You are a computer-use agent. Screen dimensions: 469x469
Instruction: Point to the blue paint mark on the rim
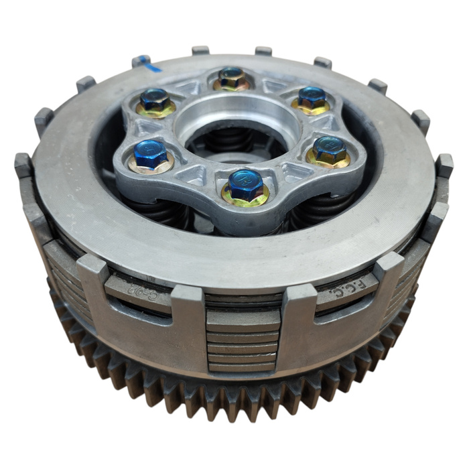[152, 66]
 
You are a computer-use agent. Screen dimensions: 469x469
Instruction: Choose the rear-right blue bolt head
[312, 96]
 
